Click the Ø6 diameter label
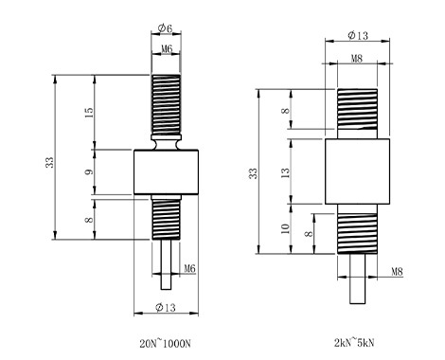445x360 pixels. tap(165, 28)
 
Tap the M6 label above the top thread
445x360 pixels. tap(167, 49)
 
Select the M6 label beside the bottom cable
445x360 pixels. tap(189, 269)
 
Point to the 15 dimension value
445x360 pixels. tap(89, 113)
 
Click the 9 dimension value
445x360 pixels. tap(90, 172)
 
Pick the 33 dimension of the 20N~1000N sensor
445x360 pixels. tap(50, 162)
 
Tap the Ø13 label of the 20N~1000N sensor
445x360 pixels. tap(166, 307)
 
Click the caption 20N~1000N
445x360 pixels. tap(165, 344)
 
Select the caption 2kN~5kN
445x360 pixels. tap(354, 343)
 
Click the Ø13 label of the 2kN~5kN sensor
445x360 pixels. tap(358, 35)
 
